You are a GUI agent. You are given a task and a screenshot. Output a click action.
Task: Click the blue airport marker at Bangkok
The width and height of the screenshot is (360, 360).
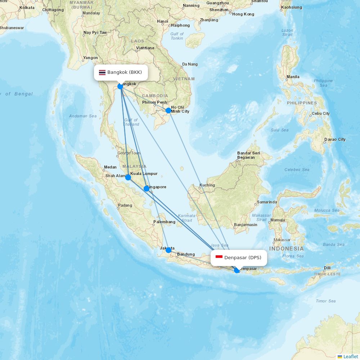(x=120, y=86)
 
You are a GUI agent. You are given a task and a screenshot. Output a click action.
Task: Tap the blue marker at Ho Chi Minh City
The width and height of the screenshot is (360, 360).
(x=168, y=111)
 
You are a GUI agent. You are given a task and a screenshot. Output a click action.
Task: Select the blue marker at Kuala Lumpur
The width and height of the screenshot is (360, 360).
(x=128, y=177)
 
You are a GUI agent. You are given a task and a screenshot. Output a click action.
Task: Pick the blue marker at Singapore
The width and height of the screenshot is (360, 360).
(x=147, y=189)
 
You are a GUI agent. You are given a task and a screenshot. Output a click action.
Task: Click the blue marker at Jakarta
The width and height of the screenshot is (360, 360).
(x=168, y=250)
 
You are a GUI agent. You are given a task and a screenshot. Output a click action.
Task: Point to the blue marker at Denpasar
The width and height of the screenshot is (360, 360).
(x=237, y=270)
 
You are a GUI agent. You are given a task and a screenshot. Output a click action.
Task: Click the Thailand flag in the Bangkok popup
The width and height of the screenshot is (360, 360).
(x=102, y=72)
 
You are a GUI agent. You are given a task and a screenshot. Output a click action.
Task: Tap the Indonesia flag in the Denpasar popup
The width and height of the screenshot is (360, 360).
(x=219, y=257)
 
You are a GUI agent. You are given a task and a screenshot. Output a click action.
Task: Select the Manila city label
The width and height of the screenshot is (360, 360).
(x=293, y=77)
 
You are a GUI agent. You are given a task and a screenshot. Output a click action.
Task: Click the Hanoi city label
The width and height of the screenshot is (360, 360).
(x=162, y=21)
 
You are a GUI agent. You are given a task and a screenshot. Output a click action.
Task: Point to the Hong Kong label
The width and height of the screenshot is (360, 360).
(x=243, y=14)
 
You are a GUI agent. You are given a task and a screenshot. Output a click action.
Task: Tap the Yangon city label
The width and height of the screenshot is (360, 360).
(x=90, y=58)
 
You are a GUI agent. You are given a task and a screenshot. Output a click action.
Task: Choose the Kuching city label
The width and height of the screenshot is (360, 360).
(x=207, y=185)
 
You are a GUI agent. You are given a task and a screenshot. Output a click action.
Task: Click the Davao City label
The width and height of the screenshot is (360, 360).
(x=334, y=139)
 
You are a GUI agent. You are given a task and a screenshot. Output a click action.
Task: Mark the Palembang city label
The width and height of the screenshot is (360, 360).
(x=164, y=222)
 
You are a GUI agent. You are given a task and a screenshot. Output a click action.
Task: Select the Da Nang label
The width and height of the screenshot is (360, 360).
(x=190, y=64)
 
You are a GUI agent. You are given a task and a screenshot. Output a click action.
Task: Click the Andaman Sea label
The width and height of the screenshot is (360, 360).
(x=83, y=116)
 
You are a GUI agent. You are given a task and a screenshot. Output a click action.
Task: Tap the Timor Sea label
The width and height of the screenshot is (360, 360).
(x=325, y=301)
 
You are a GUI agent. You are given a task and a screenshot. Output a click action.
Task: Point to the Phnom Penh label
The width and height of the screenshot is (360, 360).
(x=154, y=102)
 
